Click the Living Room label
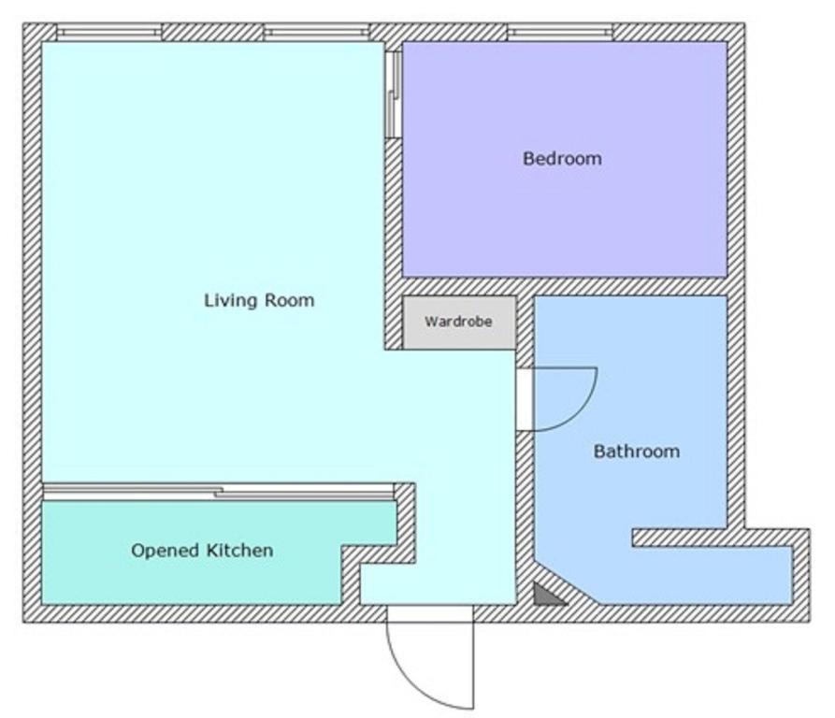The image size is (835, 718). click(259, 301)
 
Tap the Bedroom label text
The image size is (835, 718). click(562, 159)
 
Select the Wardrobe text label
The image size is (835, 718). click(458, 322)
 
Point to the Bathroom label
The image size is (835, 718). click(637, 452)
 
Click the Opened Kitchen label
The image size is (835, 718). click(202, 551)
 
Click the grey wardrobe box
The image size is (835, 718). click(459, 323)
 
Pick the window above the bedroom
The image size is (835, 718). click(560, 33)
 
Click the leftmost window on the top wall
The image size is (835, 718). click(109, 33)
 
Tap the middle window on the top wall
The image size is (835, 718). click(317, 33)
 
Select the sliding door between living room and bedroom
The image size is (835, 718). click(394, 94)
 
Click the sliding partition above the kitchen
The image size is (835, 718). click(219, 492)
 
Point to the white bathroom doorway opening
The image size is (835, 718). click(525, 399)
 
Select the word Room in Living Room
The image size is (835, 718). click(290, 301)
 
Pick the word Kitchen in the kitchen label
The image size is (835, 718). click(239, 551)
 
